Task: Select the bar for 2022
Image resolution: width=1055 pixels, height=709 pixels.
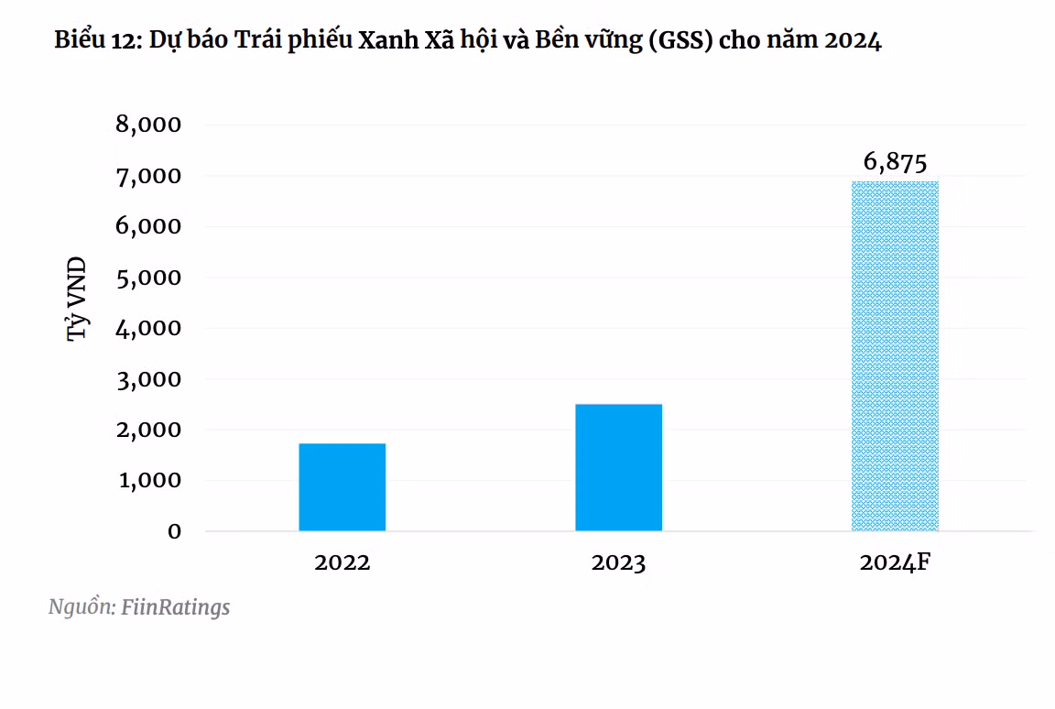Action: point(342,486)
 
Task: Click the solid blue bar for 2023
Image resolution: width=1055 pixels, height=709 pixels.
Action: point(618,467)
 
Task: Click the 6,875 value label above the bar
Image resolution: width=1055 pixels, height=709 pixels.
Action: point(895,163)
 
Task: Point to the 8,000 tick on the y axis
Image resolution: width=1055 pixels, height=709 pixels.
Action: point(149,125)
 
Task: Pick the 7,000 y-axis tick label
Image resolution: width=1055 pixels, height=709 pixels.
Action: point(149,175)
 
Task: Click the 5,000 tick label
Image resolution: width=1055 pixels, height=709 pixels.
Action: point(149,277)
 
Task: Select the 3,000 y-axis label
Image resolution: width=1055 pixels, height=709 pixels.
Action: point(149,378)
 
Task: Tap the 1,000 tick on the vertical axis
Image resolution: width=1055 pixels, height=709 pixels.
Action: point(149,480)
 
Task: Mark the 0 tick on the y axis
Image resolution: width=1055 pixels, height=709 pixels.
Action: point(173,531)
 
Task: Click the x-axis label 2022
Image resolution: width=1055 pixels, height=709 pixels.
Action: point(342,562)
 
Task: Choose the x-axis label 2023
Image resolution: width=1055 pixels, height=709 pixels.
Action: point(618,562)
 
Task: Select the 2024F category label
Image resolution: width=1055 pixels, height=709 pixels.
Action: point(895,562)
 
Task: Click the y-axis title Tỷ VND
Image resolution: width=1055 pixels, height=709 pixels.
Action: point(79,300)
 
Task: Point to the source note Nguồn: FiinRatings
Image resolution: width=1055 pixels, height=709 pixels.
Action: point(139,606)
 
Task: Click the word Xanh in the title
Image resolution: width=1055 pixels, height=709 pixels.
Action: point(384,41)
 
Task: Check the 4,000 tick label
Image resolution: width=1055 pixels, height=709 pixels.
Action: point(149,327)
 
